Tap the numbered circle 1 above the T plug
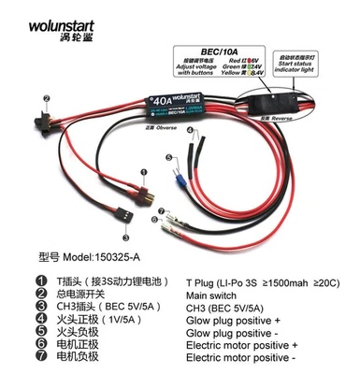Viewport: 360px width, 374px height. pyautogui.click(x=142, y=171)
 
